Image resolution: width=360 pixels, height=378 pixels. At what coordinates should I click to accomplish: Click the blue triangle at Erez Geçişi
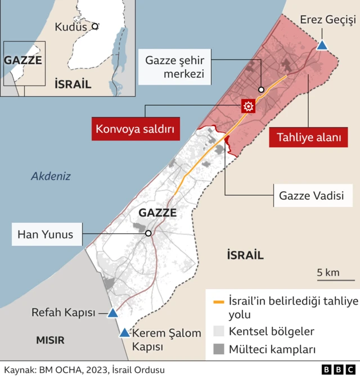322,45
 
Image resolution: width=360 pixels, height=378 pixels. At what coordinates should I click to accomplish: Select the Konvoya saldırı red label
137,129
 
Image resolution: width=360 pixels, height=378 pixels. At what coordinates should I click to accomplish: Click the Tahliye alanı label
308,137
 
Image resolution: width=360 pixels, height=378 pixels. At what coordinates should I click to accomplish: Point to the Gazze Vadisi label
311,196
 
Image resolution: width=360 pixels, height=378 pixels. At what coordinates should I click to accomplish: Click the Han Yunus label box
46,234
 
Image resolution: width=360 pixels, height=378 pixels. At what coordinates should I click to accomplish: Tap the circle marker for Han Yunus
148,233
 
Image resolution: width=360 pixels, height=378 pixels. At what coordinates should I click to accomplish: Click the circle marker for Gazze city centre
262,89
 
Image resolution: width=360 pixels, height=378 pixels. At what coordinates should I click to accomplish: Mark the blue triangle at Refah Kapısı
112,313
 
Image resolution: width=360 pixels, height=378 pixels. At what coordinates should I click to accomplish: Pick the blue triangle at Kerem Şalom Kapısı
124,332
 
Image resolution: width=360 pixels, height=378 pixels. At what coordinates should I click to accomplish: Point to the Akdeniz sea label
51,176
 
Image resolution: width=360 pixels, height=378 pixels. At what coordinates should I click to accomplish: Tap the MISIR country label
50,340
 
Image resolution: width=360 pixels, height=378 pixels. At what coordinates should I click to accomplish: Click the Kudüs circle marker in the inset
95,26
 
